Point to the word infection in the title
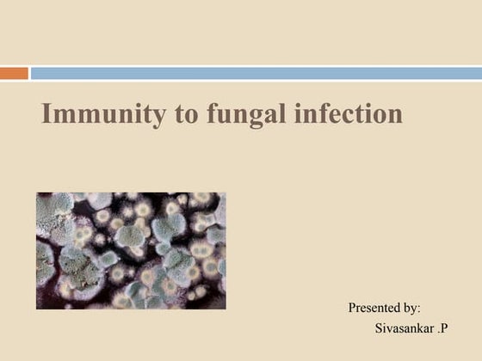tap(345, 114)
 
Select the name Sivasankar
tap(405, 328)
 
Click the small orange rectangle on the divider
tap(14, 74)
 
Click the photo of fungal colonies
tap(131, 250)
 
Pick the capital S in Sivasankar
tap(380, 328)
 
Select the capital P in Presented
tap(352, 307)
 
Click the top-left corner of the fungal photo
tap(37, 193)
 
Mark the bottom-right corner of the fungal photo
tap(225, 308)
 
